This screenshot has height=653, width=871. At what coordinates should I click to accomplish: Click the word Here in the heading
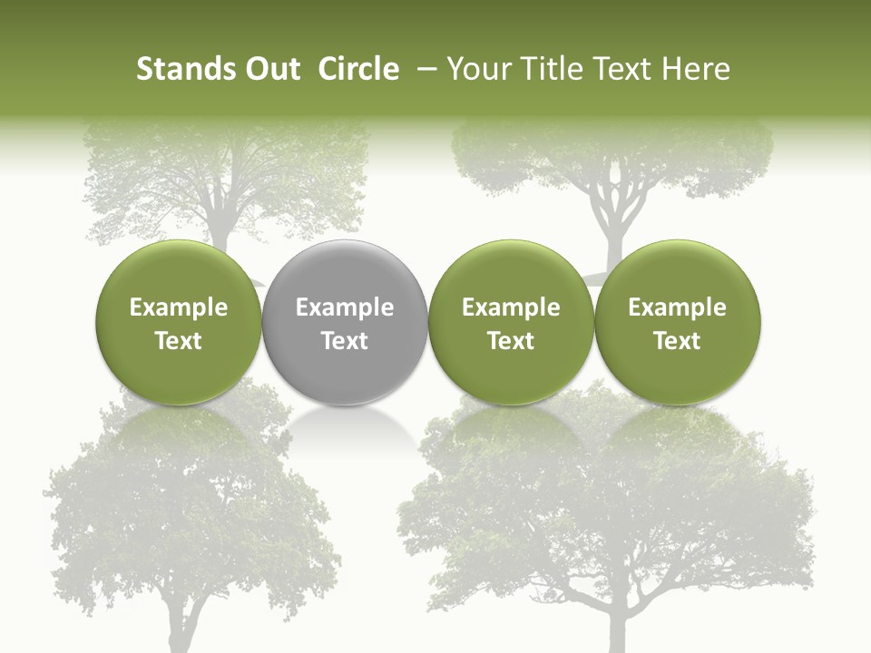click(694, 69)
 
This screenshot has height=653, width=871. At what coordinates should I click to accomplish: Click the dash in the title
click(424, 69)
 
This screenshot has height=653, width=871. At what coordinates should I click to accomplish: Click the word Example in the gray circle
click(345, 307)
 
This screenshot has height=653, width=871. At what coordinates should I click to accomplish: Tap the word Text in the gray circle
click(345, 341)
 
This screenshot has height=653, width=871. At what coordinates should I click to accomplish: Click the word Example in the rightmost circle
click(677, 307)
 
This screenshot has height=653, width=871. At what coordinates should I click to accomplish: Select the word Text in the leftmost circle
click(178, 341)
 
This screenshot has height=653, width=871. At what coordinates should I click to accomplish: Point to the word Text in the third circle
click(511, 341)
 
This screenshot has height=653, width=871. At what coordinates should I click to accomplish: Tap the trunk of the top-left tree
click(219, 218)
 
